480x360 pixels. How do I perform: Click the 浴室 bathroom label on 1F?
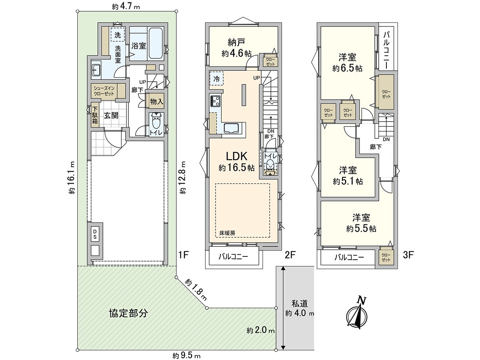[x=138, y=46]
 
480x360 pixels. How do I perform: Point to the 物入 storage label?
[x=156, y=102]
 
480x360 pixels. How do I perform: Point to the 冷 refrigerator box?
[x=216, y=78]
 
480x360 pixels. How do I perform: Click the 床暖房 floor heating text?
[x=227, y=232]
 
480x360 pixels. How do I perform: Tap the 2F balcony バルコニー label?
[x=233, y=257]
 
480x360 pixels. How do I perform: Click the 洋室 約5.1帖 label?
[x=347, y=175]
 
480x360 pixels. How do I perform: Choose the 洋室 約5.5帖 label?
[x=361, y=223]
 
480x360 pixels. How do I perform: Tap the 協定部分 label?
[x=128, y=313]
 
